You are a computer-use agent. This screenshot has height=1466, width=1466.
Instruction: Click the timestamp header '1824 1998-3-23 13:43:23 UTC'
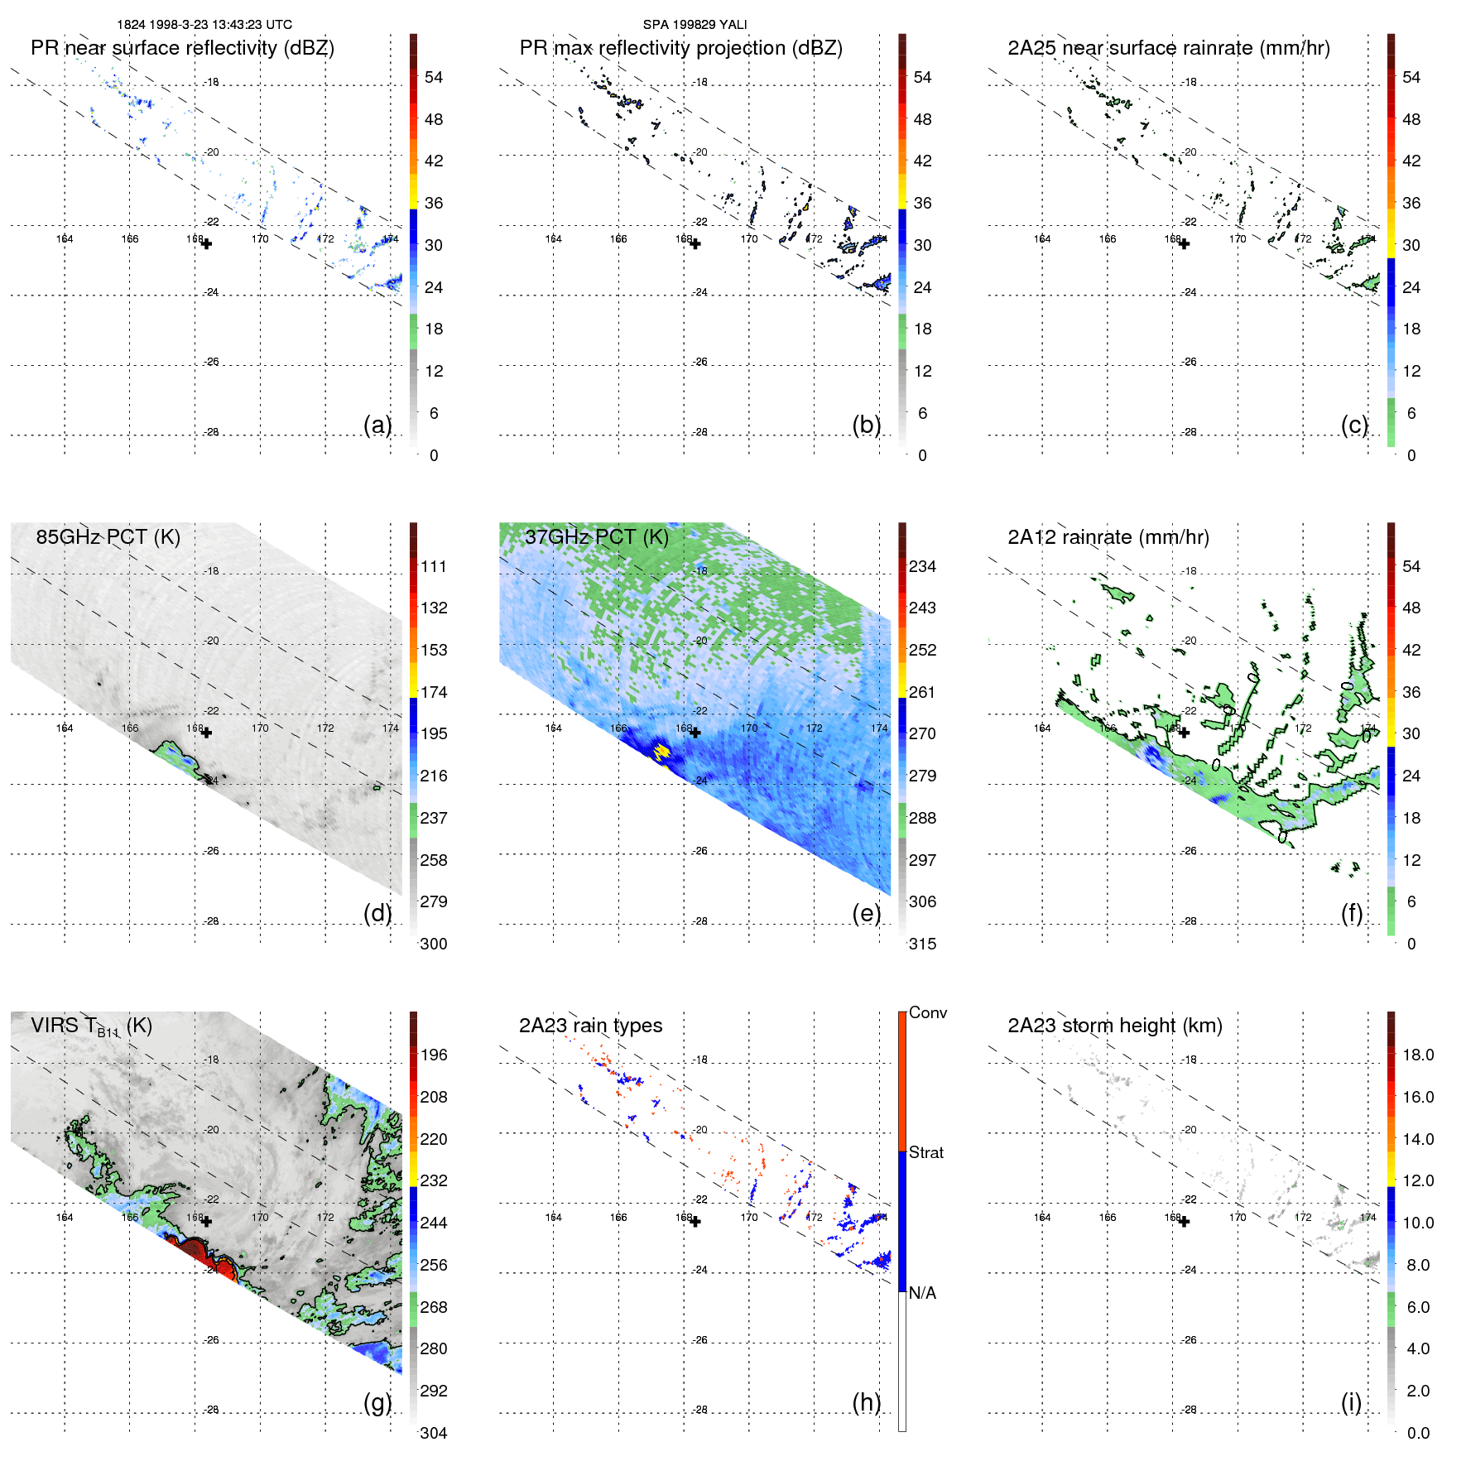[204, 25]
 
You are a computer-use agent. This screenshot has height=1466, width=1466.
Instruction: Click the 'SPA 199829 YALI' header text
[695, 25]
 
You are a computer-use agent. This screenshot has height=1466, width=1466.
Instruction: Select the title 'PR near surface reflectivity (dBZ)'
[182, 48]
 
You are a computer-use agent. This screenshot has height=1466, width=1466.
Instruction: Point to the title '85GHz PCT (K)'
[108, 537]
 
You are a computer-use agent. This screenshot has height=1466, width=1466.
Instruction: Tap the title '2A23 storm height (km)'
[1114, 1026]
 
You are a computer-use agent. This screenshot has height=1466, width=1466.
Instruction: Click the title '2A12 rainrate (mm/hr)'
[1108, 537]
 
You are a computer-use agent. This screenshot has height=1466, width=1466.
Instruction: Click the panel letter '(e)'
[866, 913]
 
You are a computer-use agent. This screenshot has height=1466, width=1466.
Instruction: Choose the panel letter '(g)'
[377, 1402]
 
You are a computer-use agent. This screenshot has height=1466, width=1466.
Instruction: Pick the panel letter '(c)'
[1354, 425]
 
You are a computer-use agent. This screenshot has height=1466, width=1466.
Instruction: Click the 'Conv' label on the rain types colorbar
[927, 1013]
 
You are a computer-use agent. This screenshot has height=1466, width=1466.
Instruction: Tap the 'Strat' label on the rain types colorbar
[925, 1153]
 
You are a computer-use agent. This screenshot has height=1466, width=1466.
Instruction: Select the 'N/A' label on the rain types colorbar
[922, 1293]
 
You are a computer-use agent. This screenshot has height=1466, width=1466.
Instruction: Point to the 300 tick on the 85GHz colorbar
[433, 944]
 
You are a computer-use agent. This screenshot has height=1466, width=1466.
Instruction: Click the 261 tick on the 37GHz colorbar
[922, 692]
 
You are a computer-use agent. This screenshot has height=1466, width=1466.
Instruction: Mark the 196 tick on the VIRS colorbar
[433, 1055]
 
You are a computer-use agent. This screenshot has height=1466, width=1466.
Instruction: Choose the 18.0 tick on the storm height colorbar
[1417, 1055]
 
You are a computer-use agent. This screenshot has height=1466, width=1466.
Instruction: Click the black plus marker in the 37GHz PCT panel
[695, 733]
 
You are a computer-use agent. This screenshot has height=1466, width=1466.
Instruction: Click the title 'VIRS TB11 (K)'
[91, 1026]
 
